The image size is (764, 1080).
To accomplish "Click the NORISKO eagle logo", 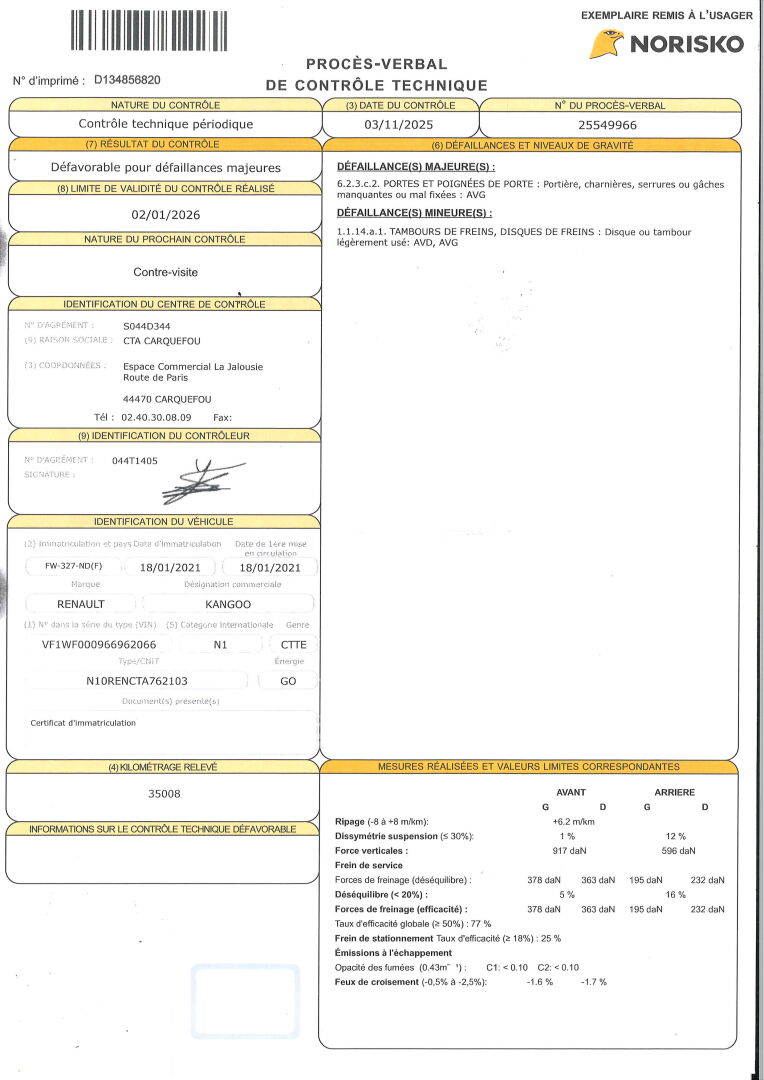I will (x=606, y=44).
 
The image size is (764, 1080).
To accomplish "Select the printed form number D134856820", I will (x=127, y=80).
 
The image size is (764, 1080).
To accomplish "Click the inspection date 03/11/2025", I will (x=400, y=125).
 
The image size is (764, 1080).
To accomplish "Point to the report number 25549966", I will (x=608, y=125).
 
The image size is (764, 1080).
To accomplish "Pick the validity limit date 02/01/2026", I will (x=165, y=214).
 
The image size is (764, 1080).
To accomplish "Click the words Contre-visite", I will (x=165, y=272).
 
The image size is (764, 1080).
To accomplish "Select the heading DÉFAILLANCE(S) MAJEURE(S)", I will (x=416, y=166).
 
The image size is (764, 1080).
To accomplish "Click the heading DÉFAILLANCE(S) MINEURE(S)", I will (x=413, y=213).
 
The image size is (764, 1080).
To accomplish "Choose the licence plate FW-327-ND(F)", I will (x=74, y=567).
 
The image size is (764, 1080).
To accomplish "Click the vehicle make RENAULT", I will (x=81, y=604).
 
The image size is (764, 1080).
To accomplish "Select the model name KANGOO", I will (x=228, y=604).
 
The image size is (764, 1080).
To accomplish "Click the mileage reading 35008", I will (x=165, y=794).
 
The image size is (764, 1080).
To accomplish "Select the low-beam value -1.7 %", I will (x=594, y=982).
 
